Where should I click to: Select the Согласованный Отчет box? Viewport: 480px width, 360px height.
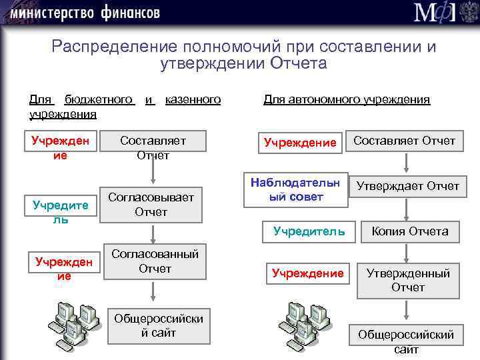[155, 261]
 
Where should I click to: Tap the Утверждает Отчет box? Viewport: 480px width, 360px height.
[408, 186]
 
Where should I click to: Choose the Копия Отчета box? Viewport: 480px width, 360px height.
[409, 232]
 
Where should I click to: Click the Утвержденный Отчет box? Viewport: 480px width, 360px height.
[408, 280]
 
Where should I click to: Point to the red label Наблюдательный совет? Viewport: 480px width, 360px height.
[295, 189]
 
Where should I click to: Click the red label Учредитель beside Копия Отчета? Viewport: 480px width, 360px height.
[309, 232]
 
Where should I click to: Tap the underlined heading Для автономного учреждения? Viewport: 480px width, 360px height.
[347, 100]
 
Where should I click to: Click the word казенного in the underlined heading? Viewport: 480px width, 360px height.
[193, 100]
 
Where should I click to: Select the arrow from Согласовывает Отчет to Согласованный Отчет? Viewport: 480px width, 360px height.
[154, 233]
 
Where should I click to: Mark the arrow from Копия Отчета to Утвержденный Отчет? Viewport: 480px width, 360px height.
[407, 253]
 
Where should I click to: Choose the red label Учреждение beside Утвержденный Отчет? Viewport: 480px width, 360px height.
[307, 273]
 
